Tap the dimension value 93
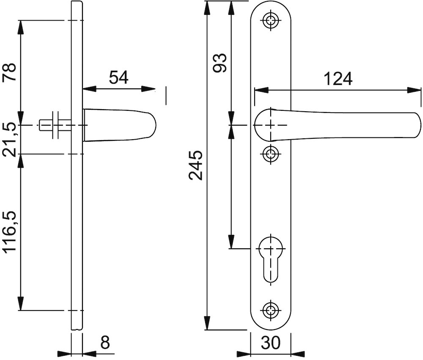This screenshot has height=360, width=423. point(219,63)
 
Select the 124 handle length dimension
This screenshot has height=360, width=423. point(338,79)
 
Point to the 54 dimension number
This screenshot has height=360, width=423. point(119,77)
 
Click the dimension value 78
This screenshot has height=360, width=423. point(9,73)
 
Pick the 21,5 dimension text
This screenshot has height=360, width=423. point(9,140)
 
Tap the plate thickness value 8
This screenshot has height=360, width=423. point(105,343)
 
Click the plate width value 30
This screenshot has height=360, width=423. point(271,343)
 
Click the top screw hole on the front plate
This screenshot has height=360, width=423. point(271,20)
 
